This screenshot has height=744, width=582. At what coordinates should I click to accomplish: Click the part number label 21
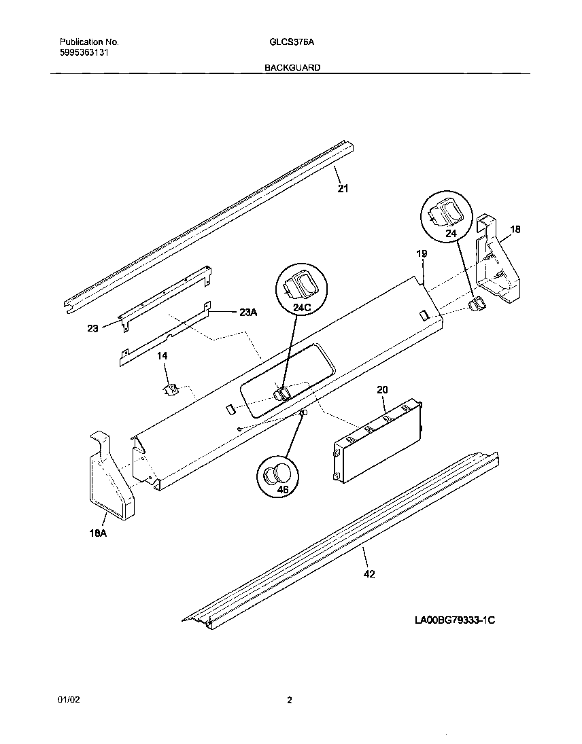pyautogui.click(x=343, y=189)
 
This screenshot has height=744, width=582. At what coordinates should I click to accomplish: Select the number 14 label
pyautogui.click(x=162, y=356)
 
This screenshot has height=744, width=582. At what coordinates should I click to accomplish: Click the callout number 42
pyautogui.click(x=369, y=574)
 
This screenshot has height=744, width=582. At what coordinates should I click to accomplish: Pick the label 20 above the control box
pyautogui.click(x=382, y=389)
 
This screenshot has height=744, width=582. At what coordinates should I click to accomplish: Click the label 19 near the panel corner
pyautogui.click(x=422, y=253)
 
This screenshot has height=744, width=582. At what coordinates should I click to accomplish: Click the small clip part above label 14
pyautogui.click(x=169, y=389)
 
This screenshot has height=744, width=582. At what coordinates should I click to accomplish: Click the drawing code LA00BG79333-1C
pyautogui.click(x=453, y=620)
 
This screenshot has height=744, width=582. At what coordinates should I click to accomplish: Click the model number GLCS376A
pyautogui.click(x=291, y=41)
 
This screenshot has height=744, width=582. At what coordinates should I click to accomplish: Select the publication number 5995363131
pyautogui.click(x=82, y=52)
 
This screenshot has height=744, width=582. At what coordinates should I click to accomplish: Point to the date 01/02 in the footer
pyautogui.click(x=65, y=700)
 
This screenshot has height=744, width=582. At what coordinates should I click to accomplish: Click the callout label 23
pyautogui.click(x=92, y=328)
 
